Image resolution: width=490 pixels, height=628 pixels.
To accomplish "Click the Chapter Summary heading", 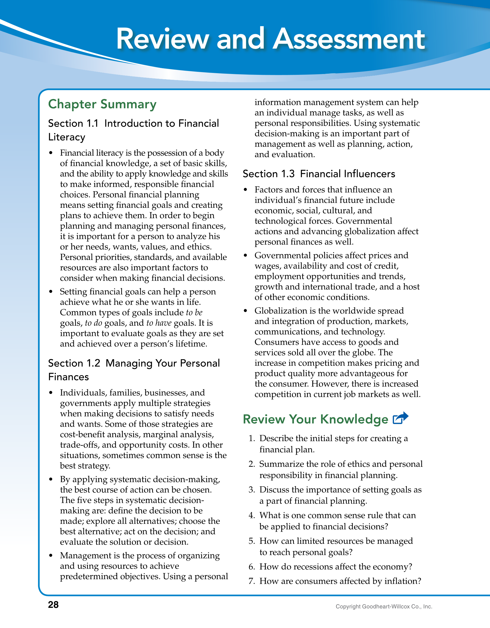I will click(102, 104).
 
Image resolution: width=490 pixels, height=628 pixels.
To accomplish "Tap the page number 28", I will click(53, 604).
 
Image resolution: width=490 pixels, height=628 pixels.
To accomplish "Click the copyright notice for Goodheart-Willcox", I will click(384, 607).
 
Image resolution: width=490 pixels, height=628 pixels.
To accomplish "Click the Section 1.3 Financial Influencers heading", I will click(319, 174).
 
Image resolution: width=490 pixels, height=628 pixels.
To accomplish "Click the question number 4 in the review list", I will click(252, 515).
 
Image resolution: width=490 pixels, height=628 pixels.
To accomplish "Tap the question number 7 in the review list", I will click(252, 581).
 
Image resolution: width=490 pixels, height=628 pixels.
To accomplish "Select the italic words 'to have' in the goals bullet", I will click(159, 323).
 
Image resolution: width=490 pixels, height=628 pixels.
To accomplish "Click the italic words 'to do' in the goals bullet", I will click(94, 323).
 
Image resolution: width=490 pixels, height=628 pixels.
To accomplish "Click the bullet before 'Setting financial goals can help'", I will click(51, 292).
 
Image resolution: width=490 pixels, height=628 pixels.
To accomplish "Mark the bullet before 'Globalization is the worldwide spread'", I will click(246, 311).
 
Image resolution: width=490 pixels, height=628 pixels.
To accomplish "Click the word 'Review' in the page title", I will click(162, 39).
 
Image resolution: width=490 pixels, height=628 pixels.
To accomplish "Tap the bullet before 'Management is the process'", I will click(51, 556).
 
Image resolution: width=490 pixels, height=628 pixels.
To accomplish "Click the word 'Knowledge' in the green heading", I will click(354, 419).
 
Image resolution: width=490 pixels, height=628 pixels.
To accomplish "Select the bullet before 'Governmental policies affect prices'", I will click(246, 256).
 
